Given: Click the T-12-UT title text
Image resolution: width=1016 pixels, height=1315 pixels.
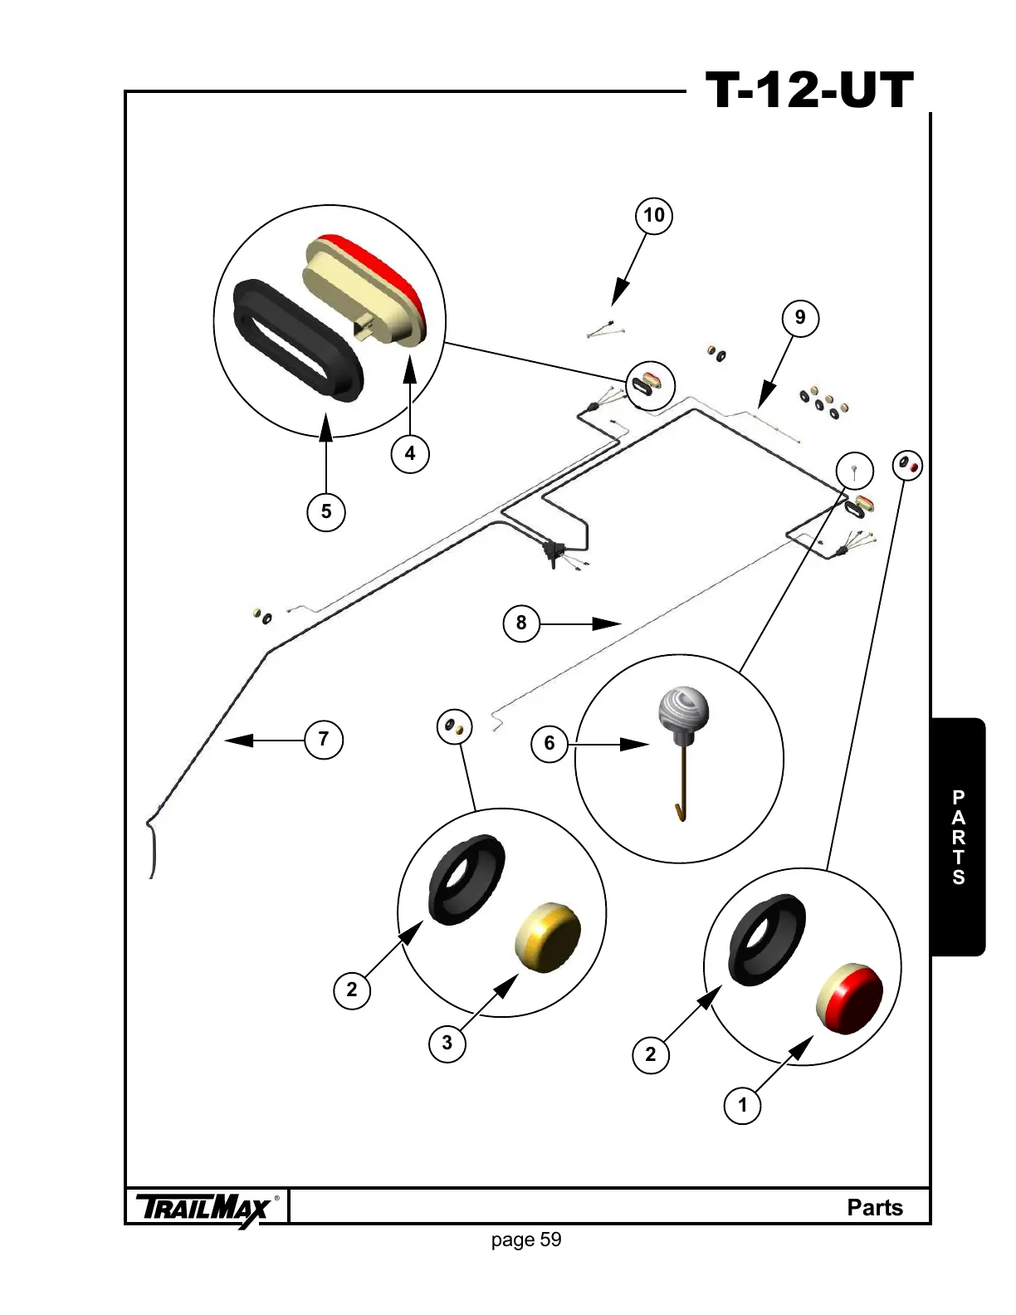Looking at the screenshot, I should click(x=809, y=90).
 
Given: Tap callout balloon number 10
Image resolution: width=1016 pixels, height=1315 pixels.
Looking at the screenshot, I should click(x=654, y=216).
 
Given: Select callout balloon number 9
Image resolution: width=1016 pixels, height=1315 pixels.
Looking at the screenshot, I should click(x=800, y=317).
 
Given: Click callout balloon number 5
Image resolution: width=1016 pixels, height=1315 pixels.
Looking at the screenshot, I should click(x=326, y=511).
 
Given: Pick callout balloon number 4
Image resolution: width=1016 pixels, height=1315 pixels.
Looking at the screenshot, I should click(x=410, y=454).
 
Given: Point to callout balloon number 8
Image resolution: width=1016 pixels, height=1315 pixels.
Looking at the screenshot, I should click(x=521, y=623).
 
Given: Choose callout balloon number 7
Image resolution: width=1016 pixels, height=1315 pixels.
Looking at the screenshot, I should click(x=324, y=739).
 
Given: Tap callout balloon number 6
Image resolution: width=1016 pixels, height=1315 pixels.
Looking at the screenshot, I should click(x=550, y=743).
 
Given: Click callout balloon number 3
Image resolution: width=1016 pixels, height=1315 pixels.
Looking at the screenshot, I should click(x=447, y=1042).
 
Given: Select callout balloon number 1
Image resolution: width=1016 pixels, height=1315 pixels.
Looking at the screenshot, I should click(x=743, y=1105).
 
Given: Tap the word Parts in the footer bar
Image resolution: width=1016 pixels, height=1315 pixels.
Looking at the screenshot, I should click(x=874, y=1207).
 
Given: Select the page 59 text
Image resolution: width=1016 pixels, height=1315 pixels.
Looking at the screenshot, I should click(x=526, y=1240).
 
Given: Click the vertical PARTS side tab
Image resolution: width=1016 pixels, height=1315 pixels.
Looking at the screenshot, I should click(x=959, y=837).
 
